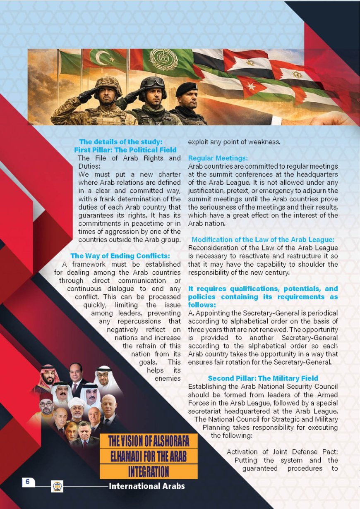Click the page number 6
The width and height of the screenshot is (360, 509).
click(27, 482)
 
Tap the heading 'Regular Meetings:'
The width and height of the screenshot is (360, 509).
click(218, 158)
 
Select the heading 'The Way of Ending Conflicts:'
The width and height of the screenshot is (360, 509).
click(120, 256)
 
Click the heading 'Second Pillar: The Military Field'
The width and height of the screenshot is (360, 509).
click(263, 378)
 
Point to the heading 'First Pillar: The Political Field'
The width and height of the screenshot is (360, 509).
click(125, 150)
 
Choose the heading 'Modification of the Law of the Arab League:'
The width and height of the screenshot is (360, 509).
click(263, 239)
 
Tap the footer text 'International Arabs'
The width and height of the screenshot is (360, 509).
click(146, 486)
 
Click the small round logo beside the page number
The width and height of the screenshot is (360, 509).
click(57, 486)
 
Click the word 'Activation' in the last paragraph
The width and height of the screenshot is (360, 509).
click(242, 452)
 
